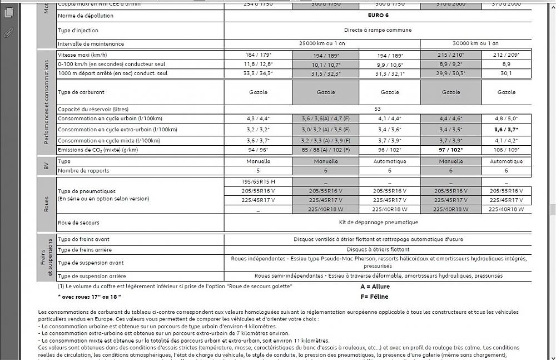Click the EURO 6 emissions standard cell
[378, 16]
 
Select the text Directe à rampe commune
[378, 29]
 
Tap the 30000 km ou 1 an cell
[475, 43]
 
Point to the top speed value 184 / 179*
[258, 55]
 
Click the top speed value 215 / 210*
[450, 55]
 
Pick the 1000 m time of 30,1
[506, 73]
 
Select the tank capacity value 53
[378, 109]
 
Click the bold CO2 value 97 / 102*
[450, 150]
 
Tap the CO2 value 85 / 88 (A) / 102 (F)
[325, 150]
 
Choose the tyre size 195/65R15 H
[258, 182]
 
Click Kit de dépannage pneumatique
[378, 223]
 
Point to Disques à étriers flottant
[378, 249]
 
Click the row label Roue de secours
[78, 223]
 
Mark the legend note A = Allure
[375, 287]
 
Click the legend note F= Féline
[374, 297]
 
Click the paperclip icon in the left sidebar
[8, 32]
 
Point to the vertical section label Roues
[47, 204]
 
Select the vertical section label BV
[47, 166]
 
